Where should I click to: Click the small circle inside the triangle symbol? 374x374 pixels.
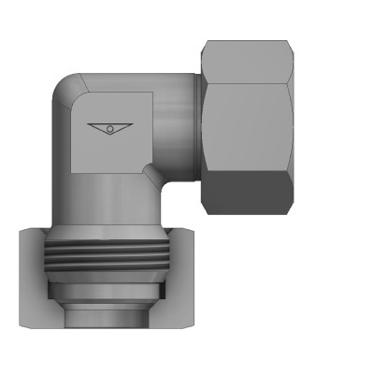pyautogui.click(x=109, y=127)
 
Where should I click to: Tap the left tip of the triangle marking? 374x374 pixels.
pyautogui.click(x=87, y=122)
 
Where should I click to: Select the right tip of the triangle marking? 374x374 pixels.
pyautogui.click(x=132, y=122)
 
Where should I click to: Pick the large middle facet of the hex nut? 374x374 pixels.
pyautogui.click(x=248, y=122)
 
